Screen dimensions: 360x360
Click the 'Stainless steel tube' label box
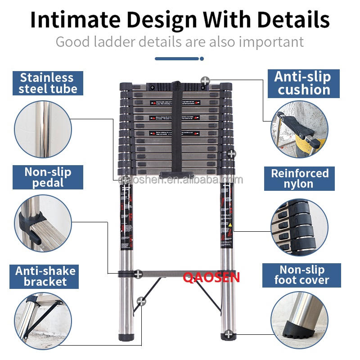tap(45, 83)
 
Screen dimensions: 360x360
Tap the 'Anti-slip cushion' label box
tap(302, 83)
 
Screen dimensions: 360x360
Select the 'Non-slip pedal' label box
tap(48, 177)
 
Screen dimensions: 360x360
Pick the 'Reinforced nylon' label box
tap(299, 178)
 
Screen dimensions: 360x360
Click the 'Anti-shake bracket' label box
tap(45, 276)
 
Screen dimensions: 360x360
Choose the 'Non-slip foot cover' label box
tap(301, 275)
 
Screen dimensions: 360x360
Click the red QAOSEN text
tap(211, 277)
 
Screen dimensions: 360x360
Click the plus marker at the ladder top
tap(205, 81)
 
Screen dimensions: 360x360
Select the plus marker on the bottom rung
tap(138, 273)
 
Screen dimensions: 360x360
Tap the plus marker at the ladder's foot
tap(229, 334)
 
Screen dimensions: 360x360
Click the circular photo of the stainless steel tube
tap(43, 129)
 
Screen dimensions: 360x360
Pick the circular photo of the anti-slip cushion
tap(299, 129)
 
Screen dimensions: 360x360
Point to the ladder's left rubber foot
tap(126, 336)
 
